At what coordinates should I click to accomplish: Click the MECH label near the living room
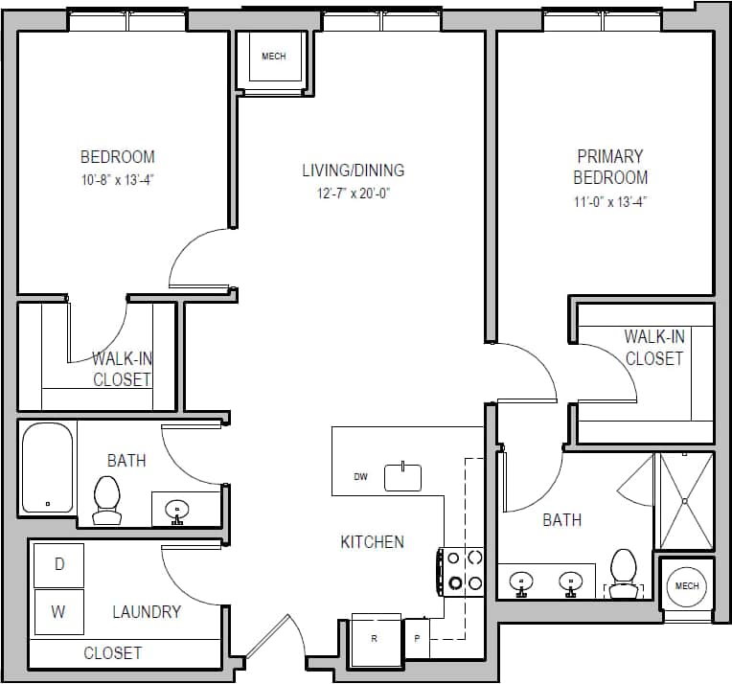pyautogui.click(x=273, y=57)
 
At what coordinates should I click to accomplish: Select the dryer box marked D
pyautogui.click(x=59, y=565)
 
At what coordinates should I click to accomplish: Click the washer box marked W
pyautogui.click(x=59, y=612)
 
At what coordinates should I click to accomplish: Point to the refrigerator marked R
pyautogui.click(x=375, y=638)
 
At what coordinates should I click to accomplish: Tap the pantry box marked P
pyautogui.click(x=418, y=638)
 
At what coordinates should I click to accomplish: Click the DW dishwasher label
pyautogui.click(x=360, y=476)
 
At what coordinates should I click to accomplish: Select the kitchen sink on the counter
pyautogui.click(x=402, y=477)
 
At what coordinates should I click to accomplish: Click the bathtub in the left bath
pyautogui.click(x=48, y=467)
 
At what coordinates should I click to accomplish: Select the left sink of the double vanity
pyautogui.click(x=520, y=581)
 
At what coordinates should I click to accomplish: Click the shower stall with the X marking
pyautogui.click(x=685, y=500)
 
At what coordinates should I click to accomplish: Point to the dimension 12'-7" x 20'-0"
pyautogui.click(x=354, y=193)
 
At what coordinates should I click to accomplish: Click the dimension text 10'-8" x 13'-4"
pyautogui.click(x=117, y=179)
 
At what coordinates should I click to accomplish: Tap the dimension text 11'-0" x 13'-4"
pyautogui.click(x=610, y=201)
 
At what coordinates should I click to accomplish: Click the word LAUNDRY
pyautogui.click(x=147, y=611)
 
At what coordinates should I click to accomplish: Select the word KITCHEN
pyautogui.click(x=372, y=542)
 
